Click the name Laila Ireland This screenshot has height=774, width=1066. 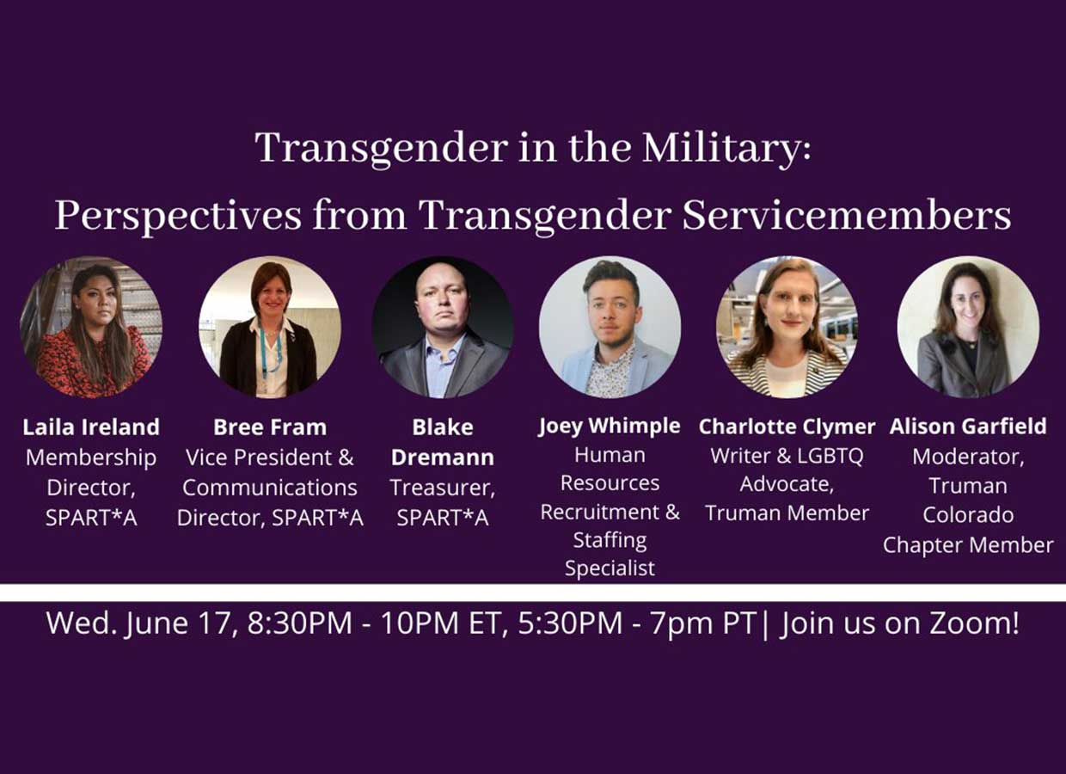pos(91,427)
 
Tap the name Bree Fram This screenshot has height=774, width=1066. pos(270,427)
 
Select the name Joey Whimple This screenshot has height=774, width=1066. pos(610,426)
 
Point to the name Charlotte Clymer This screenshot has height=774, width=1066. pos(787,427)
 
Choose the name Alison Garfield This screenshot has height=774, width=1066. pos(968,427)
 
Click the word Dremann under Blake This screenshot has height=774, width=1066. pos(443,458)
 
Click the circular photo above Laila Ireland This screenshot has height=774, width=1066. pos(91,327)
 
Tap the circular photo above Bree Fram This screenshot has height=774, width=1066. pos(270,327)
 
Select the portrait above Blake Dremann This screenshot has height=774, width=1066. pos(443,327)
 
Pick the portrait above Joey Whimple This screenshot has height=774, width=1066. pos(610,327)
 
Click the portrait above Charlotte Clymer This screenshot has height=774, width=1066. pos(787,327)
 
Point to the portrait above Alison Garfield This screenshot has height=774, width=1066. pos(968,327)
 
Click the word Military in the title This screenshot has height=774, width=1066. pos(726,149)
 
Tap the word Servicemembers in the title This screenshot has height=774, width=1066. pos(847,216)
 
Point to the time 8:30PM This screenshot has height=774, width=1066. pos(299,623)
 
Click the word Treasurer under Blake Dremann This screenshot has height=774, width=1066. pos(443,488)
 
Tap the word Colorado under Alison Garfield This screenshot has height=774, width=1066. pos(968,515)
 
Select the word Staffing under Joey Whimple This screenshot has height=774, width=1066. pos(610,541)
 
